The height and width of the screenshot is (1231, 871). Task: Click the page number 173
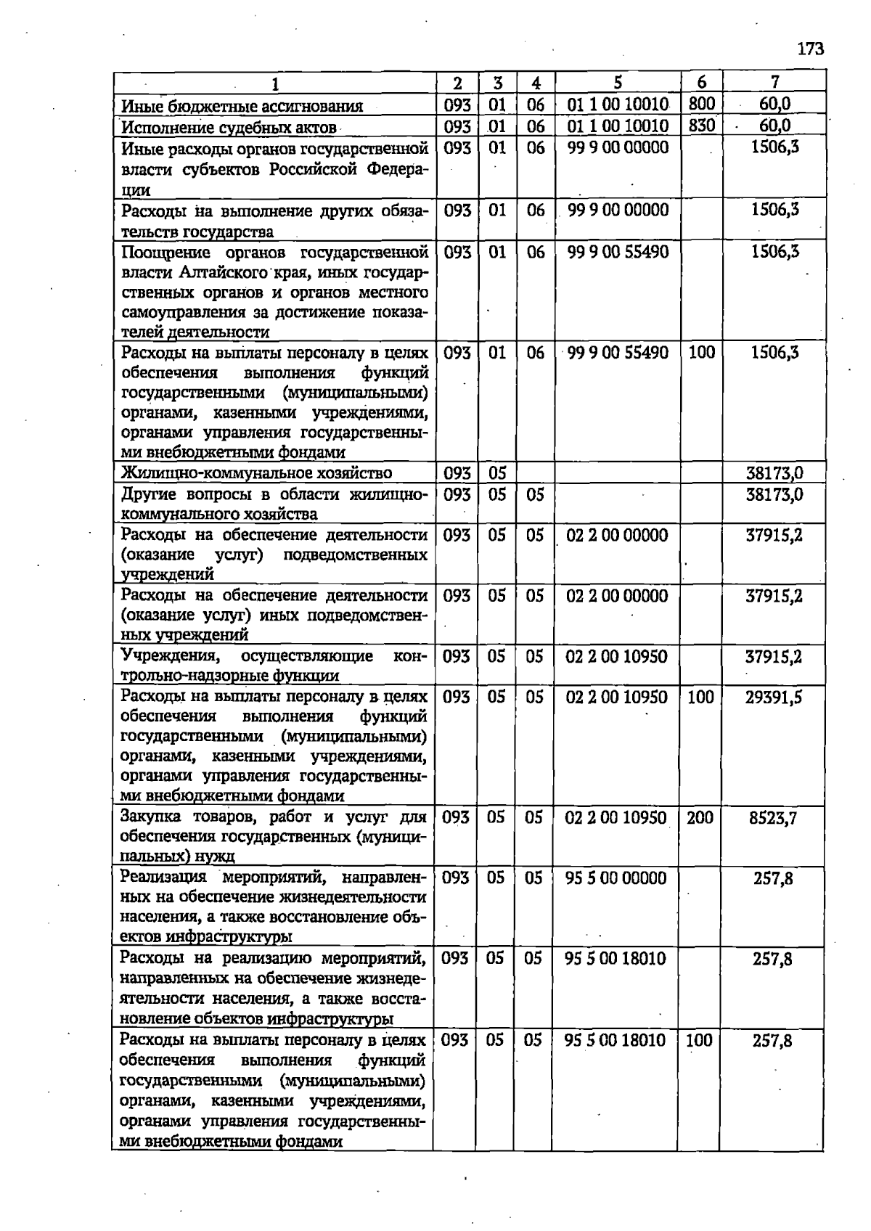[x=810, y=49]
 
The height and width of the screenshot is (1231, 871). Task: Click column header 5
[x=617, y=83]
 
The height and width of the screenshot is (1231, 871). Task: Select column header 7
[x=774, y=83]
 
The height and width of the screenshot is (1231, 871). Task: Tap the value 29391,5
[x=774, y=698]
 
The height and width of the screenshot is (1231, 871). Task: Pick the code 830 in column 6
[x=702, y=126]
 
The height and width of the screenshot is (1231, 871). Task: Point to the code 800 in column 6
[x=702, y=105]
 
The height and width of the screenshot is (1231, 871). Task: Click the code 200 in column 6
[x=700, y=818]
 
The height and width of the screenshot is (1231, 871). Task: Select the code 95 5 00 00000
[x=616, y=878]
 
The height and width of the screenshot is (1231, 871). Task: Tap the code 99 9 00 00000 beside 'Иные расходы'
[x=618, y=147]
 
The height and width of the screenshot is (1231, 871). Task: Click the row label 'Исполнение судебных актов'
[x=229, y=128]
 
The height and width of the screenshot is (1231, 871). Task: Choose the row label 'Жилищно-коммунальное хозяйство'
[x=257, y=473]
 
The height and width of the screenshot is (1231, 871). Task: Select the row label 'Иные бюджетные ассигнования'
[x=242, y=107]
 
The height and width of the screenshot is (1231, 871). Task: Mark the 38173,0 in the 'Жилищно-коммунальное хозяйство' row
[x=774, y=474]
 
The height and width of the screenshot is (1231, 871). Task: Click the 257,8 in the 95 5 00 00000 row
[x=773, y=879]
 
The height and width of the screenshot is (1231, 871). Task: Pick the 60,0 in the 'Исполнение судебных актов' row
[x=774, y=126]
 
